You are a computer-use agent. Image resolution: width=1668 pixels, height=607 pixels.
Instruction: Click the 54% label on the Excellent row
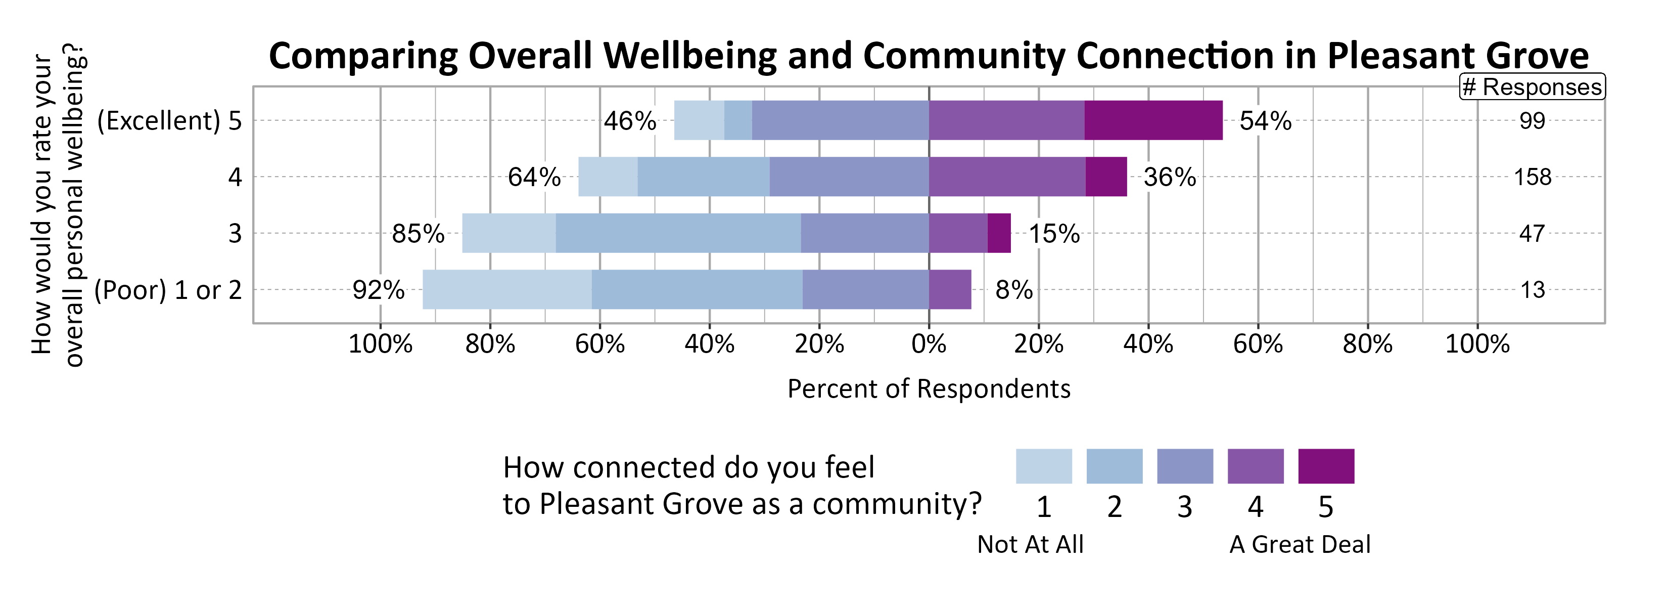pyautogui.click(x=1265, y=121)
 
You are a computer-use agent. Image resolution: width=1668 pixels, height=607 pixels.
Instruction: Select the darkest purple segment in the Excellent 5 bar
pyautogui.click(x=1153, y=120)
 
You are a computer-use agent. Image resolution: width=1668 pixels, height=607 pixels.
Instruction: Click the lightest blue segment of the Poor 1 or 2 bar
pyautogui.click(x=506, y=289)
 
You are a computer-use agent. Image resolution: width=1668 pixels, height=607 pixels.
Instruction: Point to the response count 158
pyautogui.click(x=1532, y=177)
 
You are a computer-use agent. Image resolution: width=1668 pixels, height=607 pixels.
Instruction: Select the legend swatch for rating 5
pyautogui.click(x=1325, y=466)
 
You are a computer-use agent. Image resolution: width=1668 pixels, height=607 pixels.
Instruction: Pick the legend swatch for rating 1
pyautogui.click(x=1043, y=466)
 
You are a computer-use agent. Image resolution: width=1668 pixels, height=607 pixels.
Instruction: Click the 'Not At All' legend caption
pyautogui.click(x=1030, y=544)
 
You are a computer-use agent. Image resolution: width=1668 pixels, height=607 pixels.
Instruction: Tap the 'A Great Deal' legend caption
pyautogui.click(x=1300, y=544)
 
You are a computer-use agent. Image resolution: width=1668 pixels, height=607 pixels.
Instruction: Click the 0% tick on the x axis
pyautogui.click(x=929, y=344)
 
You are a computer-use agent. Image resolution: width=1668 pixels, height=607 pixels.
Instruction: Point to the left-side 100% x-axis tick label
pyautogui.click(x=380, y=344)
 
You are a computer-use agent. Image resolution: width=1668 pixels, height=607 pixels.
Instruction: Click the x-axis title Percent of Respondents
pyautogui.click(x=929, y=388)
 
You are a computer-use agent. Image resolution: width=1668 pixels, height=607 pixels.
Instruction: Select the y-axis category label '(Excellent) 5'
pyautogui.click(x=169, y=121)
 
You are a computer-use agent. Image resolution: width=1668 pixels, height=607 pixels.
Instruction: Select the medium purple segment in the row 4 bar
pyautogui.click(x=1007, y=177)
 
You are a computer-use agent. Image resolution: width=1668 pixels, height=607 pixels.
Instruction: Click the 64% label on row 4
pyautogui.click(x=534, y=178)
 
